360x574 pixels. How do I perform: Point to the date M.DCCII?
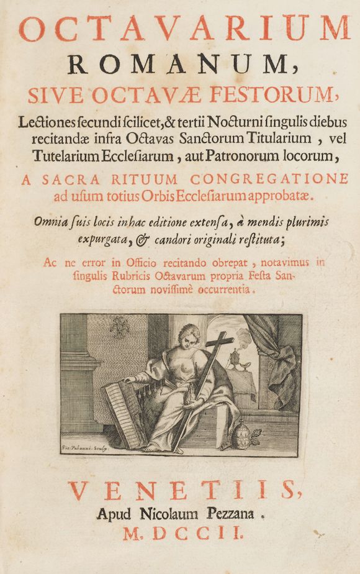180,532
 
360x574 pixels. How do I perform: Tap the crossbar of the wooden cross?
215,343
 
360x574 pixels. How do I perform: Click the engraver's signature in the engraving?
81,446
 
